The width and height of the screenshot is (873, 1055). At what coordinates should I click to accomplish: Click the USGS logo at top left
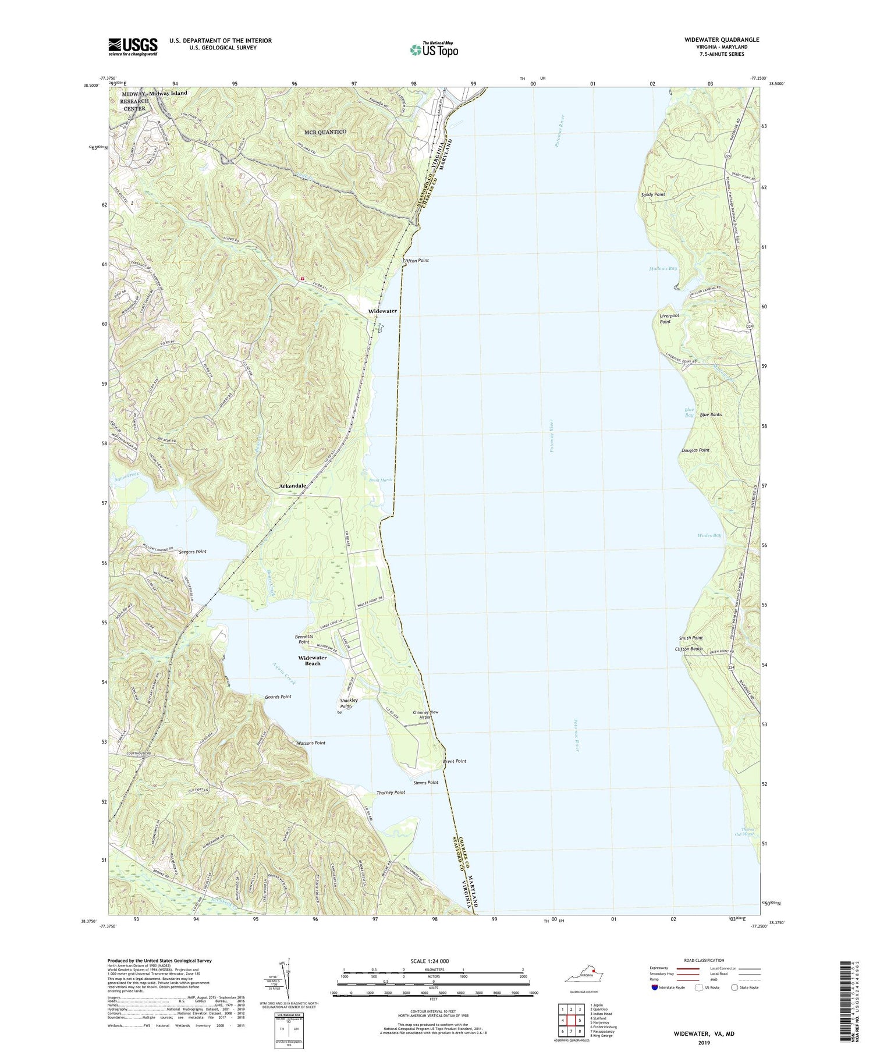coord(133,47)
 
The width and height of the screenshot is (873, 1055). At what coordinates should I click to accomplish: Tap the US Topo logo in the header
coord(434,49)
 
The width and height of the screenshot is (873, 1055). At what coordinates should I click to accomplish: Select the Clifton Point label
coord(416,261)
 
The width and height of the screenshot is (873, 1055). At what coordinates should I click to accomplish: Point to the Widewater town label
coord(382,311)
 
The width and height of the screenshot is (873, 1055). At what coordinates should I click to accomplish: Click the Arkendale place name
coord(293,486)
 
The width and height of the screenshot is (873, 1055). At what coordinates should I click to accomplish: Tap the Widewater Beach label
coord(313,660)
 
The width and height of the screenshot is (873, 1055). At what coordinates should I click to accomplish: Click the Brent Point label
coord(455,761)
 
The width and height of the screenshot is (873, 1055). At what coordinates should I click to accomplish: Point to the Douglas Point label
coord(695,450)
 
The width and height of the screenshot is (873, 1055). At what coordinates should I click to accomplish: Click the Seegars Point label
coord(192,552)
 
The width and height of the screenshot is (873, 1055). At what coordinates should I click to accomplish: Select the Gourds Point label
coord(278,697)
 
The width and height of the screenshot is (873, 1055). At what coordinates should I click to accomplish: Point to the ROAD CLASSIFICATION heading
coord(704,960)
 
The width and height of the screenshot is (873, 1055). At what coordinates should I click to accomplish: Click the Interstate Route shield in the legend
coord(654,987)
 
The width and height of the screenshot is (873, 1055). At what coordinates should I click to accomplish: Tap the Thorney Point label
coord(391,793)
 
